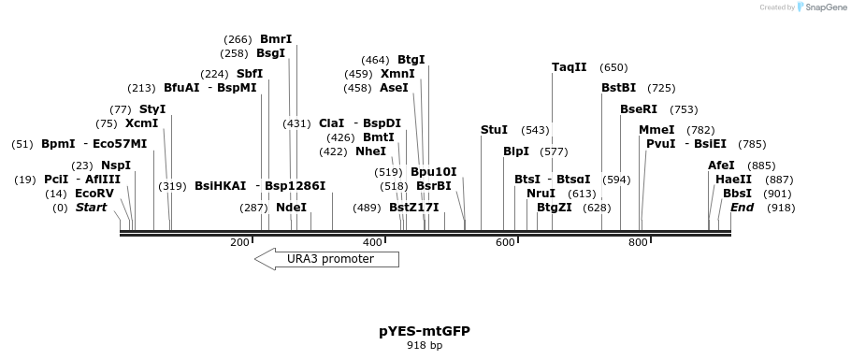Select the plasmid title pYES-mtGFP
425,331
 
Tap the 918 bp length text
425,346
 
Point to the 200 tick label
239,243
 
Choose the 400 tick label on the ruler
372,243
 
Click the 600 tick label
505,243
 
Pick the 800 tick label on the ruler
638,243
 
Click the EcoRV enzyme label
94,194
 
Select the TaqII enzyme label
570,67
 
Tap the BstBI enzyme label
618,88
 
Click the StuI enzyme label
494,130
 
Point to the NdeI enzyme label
291,208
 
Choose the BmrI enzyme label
276,39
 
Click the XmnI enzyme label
397,74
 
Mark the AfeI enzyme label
721,166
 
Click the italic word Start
92,208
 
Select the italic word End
742,208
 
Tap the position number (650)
613,67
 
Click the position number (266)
238,39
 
